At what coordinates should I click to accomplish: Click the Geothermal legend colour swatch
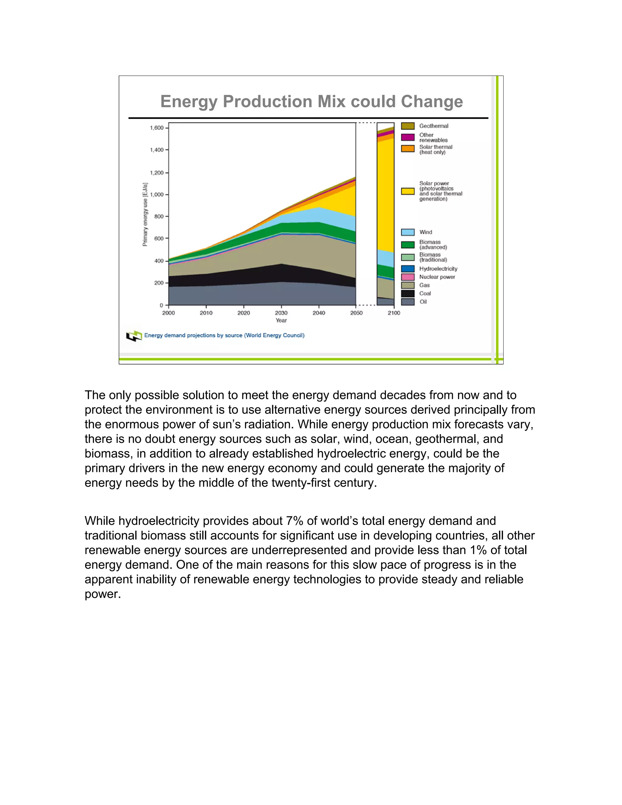408,126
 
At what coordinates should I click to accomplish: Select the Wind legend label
425,232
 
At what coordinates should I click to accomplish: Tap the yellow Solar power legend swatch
408,191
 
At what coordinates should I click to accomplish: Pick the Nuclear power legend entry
437,277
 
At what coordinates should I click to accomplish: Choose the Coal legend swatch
408,293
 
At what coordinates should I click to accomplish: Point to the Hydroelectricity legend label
438,269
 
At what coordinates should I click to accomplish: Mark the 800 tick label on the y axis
159,216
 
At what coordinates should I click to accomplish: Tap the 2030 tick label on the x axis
281,313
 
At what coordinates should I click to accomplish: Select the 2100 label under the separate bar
394,313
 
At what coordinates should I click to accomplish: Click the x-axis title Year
281,320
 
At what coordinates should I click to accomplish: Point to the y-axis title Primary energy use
145,214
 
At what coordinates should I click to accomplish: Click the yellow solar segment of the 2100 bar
385,195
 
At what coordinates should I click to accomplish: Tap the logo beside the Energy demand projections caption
134,336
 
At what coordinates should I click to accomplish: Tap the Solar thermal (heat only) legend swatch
408,149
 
